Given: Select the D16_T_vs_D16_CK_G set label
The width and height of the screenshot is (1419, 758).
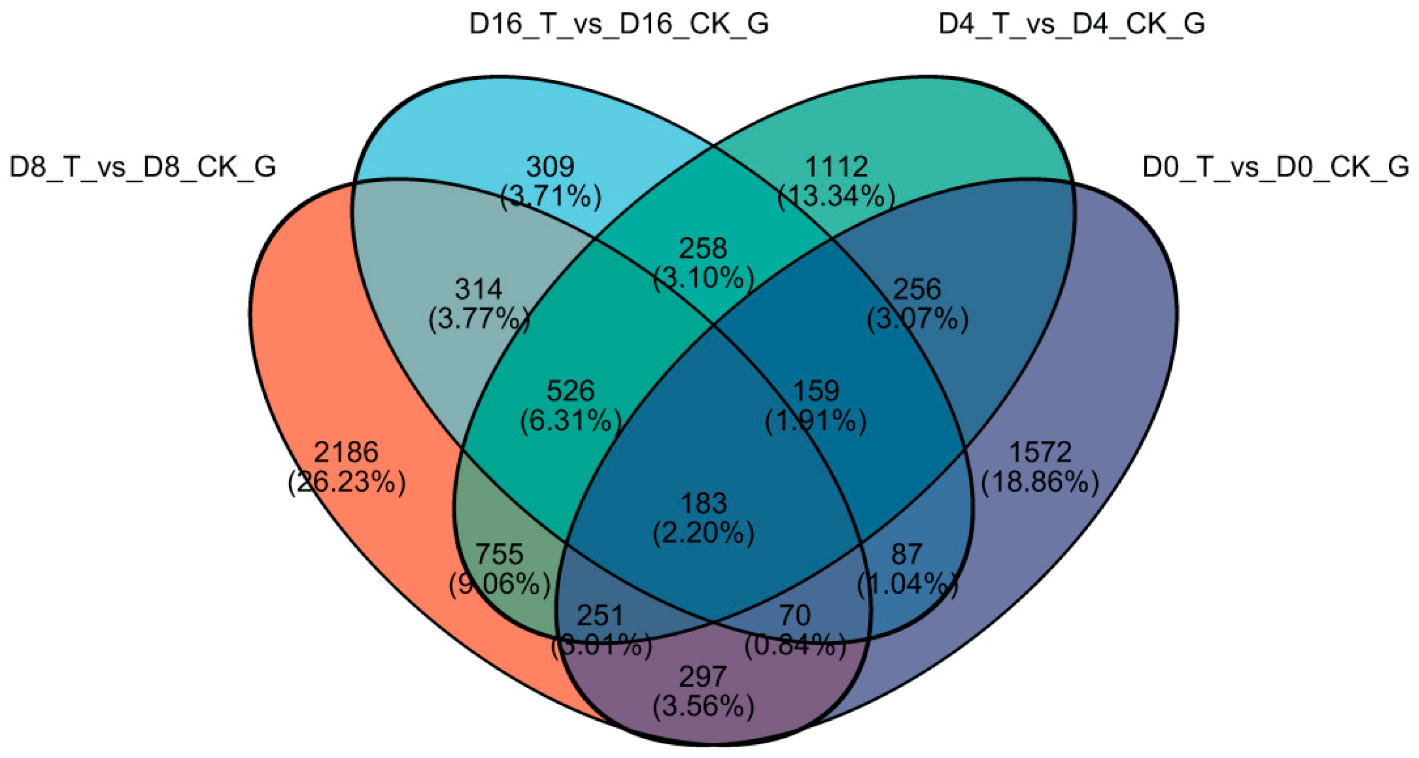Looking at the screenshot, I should click(x=619, y=24).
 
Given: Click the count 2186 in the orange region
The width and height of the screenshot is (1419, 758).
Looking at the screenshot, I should click(x=346, y=452).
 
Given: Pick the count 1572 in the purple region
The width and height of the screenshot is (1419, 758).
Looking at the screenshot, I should click(x=1040, y=452).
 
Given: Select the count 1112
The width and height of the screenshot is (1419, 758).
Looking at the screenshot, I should click(x=836, y=166).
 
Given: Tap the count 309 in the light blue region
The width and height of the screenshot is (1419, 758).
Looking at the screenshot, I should click(x=550, y=166).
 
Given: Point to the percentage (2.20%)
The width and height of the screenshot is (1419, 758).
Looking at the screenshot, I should click(x=704, y=533).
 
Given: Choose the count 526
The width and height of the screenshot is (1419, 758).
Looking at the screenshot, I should click(x=570, y=391).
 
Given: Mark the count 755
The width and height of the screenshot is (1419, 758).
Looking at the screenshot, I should click(x=499, y=554).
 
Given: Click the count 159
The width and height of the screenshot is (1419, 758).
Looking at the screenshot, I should click(x=816, y=391).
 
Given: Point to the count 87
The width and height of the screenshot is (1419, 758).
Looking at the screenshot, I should click(x=907, y=554).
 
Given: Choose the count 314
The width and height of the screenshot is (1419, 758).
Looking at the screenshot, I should click(x=479, y=289).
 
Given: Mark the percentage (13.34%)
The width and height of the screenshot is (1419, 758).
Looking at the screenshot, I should click(x=836, y=197).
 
